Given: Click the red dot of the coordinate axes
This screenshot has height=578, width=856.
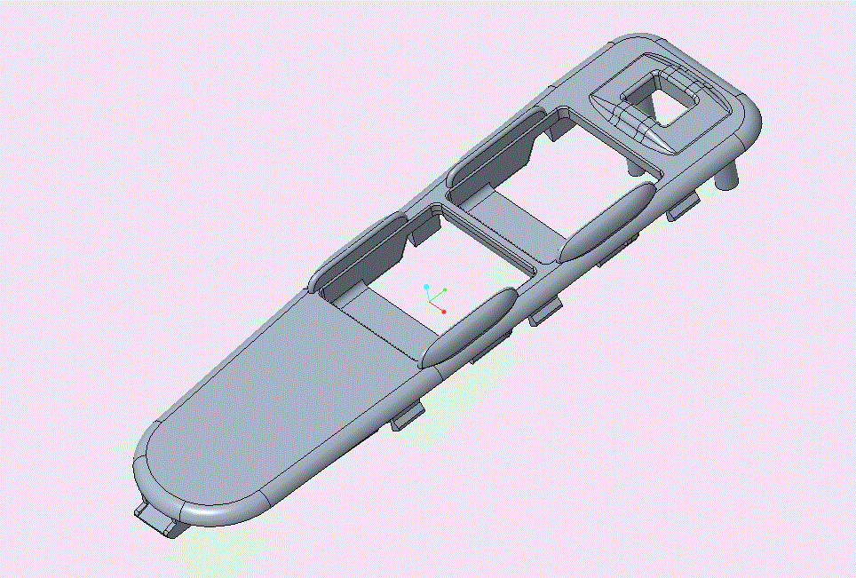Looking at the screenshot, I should tap(443, 312).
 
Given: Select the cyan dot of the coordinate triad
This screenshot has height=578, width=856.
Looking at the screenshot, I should tap(427, 288).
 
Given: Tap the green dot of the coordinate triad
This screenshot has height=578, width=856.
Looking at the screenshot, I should tap(446, 289).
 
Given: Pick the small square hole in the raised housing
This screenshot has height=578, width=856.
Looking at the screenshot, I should tap(672, 105).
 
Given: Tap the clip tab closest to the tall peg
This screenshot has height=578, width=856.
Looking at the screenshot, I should tap(682, 207).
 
